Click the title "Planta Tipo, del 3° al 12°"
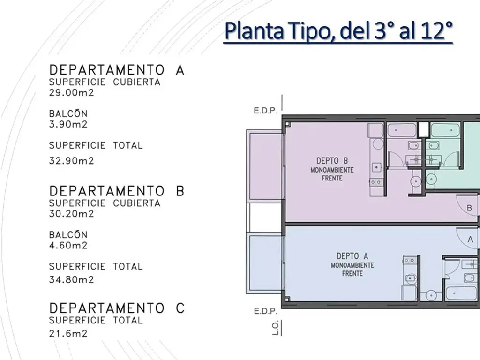coord(338,31)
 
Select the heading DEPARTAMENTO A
coord(117,70)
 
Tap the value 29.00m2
coord(71,92)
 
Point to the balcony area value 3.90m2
coord(68,124)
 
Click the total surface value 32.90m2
coord(71,161)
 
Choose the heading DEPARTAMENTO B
coord(117,191)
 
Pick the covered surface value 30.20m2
coord(71,213)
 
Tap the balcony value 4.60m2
coord(68,245)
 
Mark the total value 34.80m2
coord(71,279)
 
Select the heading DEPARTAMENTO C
coord(117,308)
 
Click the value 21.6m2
coord(68,333)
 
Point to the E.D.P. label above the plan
coord(265,111)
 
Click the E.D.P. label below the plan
coord(265,311)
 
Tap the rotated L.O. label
coord(275,328)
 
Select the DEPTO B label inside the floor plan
coord(332,161)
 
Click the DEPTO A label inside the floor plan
coord(352,256)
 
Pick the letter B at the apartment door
coord(469,208)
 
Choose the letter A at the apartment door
coord(470,240)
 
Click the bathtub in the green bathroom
coord(445,130)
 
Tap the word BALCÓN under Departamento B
coord(68,234)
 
